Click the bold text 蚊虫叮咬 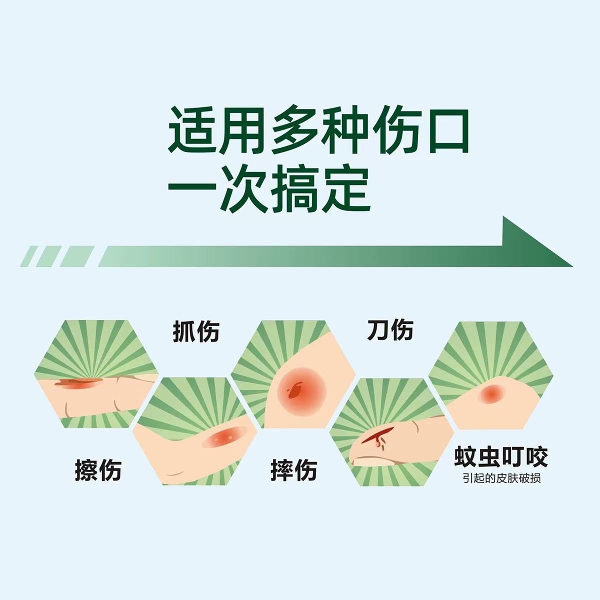501,457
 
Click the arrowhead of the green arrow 535,244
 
